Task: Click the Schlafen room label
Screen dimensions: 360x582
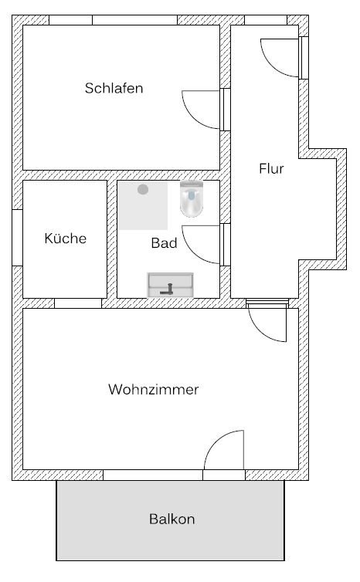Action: coord(114,88)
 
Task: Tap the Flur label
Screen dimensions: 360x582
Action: coord(271,168)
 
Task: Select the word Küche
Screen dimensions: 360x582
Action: coord(66,238)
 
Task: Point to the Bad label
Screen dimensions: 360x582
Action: coord(164,243)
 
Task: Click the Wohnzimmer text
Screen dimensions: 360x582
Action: coord(154,389)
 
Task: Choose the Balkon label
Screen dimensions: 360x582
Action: coord(172,519)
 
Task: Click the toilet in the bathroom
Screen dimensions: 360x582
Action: coord(192,198)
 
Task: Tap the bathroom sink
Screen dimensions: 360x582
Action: coord(171,285)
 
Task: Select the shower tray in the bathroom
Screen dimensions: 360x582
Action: coord(143,205)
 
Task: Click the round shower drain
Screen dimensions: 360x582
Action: coord(143,189)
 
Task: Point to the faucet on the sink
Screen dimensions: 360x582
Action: coord(167,289)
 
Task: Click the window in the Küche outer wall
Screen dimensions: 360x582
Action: coord(18,238)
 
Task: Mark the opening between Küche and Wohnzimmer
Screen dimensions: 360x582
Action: coord(78,303)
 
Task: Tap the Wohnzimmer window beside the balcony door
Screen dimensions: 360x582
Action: coord(153,475)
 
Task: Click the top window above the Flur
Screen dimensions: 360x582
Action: coord(266,20)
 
